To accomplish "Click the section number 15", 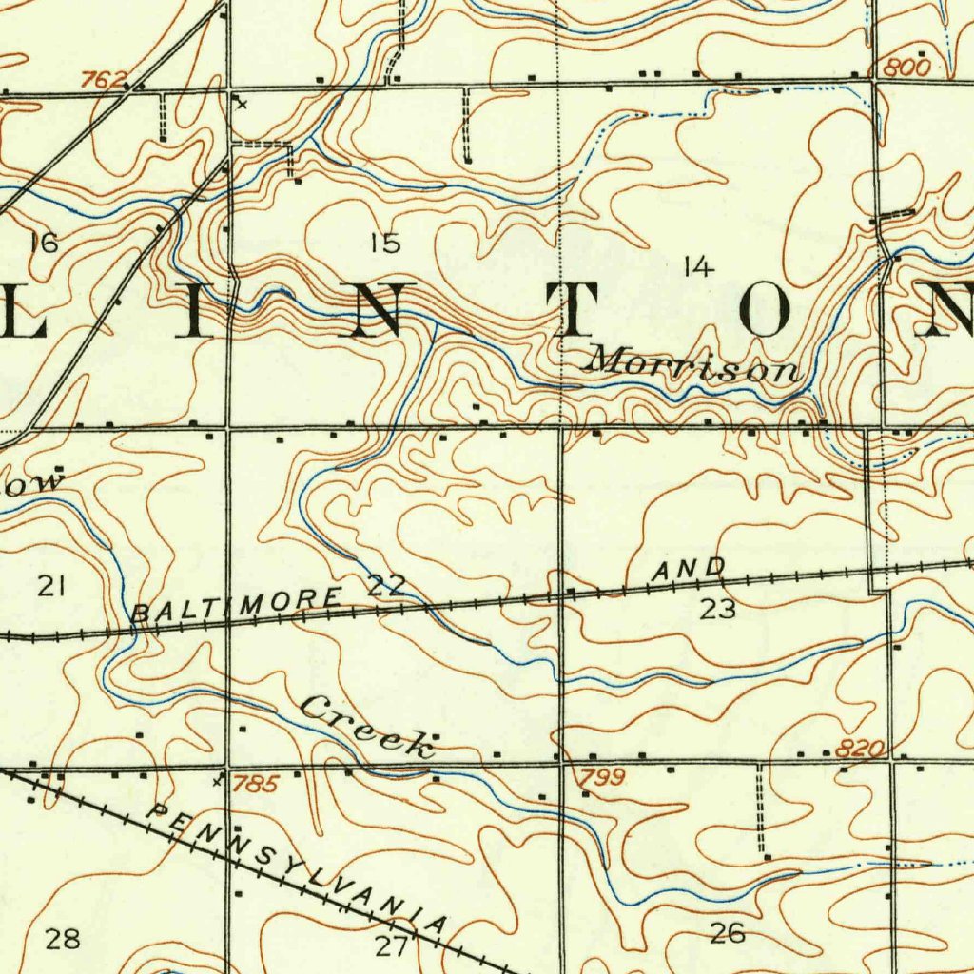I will [385, 243].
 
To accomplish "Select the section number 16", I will [44, 243].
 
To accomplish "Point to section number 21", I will [51, 586].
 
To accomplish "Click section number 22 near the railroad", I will [387, 586].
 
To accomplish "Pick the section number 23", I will [717, 610].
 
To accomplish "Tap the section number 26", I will [728, 934].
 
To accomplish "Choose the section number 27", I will [391, 945].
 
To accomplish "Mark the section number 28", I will [64, 941].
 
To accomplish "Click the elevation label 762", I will [102, 81].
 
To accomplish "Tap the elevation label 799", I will [602, 779].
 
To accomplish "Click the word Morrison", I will [693, 364].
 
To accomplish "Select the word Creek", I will [367, 727].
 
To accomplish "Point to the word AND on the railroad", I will [689, 571].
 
